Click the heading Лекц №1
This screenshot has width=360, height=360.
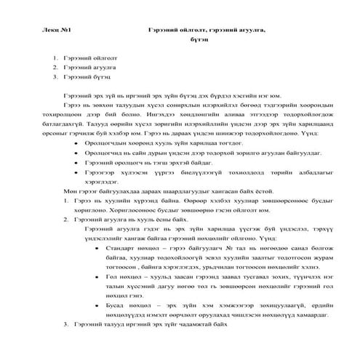coord(58,28)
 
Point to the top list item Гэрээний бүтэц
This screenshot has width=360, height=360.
coord(87,75)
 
